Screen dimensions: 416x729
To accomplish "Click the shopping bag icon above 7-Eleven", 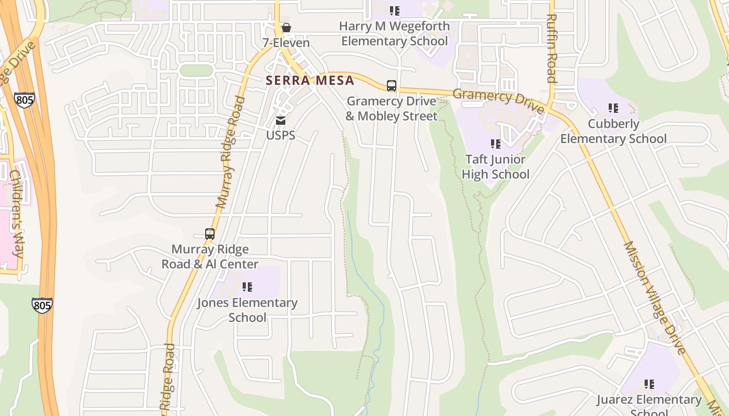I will coord(286,28).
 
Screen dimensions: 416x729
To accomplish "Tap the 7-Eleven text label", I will coord(286,43).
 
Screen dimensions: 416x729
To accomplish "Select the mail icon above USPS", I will coord(281,121).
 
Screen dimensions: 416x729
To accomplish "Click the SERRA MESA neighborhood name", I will coord(310,81).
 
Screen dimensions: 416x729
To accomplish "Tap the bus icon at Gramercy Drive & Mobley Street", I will coord(391,86).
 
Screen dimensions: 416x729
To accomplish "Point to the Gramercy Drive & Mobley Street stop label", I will coord(391,109).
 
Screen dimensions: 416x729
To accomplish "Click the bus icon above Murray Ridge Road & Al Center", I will coord(210,234).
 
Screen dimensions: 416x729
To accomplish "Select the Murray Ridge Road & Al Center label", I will coord(210,257).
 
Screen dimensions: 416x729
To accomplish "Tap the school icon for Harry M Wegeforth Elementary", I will coord(395,10).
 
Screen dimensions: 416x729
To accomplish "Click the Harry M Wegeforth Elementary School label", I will coord(395,33).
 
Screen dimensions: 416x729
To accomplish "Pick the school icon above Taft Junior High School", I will coord(496,144).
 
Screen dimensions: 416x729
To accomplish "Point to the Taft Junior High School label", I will coord(496,167).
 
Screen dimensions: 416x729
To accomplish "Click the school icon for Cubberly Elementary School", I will coord(613,108).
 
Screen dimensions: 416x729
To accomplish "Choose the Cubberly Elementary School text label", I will coord(613,131).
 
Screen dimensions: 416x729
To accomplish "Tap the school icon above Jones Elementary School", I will coord(247,287).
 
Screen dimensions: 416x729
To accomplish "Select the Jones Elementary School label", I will coord(247,310).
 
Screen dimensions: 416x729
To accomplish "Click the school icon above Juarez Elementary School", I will coord(649,384).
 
